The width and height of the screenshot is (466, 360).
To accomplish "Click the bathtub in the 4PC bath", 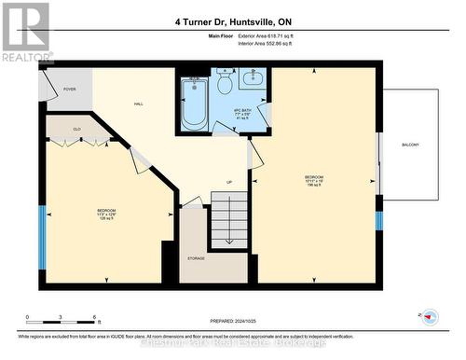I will click(196, 104).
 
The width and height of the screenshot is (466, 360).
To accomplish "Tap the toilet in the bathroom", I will click(225, 85).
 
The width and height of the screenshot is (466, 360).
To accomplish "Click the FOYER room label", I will click(69, 90).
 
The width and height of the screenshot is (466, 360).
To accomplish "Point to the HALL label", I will click(138, 104).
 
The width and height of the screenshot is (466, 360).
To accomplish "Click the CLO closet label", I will click(77, 130).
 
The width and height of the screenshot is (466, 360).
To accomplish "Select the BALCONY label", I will click(411, 145).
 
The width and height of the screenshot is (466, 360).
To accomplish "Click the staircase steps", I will click(229, 219).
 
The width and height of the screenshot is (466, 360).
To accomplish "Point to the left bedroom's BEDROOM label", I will click(107, 211).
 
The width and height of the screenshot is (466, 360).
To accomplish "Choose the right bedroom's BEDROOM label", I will click(314, 177).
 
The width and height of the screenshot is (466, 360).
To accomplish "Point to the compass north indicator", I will click(430, 316).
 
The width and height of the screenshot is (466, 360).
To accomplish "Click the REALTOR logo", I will click(25, 32).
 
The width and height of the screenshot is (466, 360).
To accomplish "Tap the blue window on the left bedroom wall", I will click(41, 224).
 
